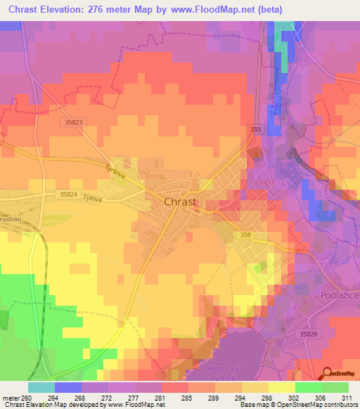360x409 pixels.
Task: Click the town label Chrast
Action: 180,202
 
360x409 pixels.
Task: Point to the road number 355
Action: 254,130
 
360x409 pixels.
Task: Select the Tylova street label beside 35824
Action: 93,199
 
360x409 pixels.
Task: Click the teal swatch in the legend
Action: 41,387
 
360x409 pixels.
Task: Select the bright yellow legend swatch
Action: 281,387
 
